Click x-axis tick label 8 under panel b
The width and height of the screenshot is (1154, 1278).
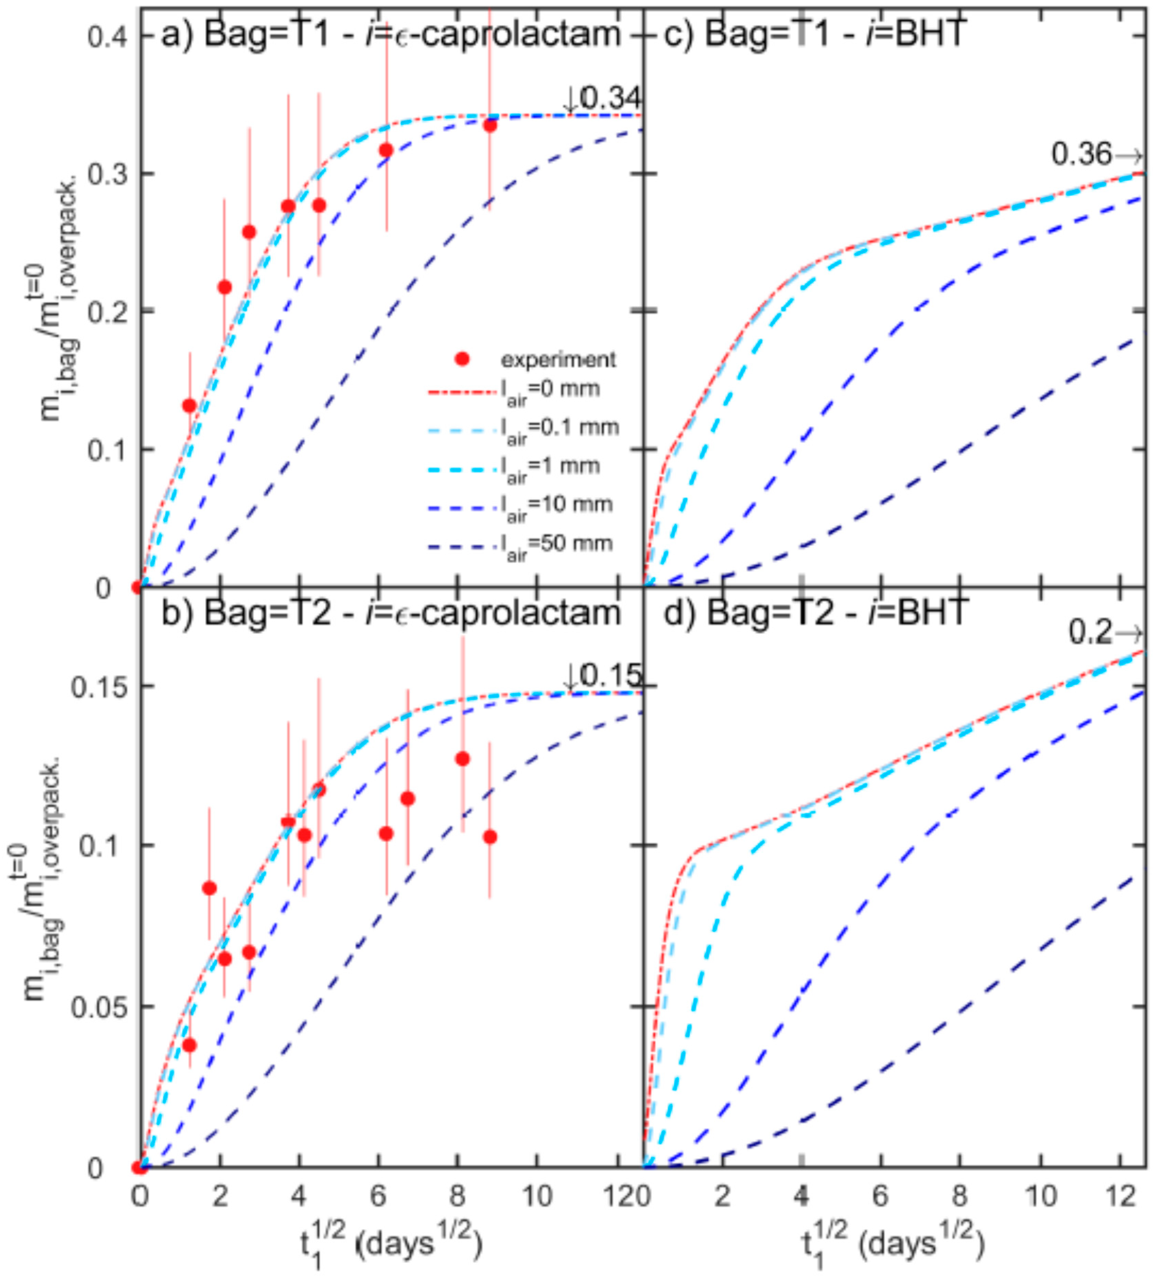(457, 1195)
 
